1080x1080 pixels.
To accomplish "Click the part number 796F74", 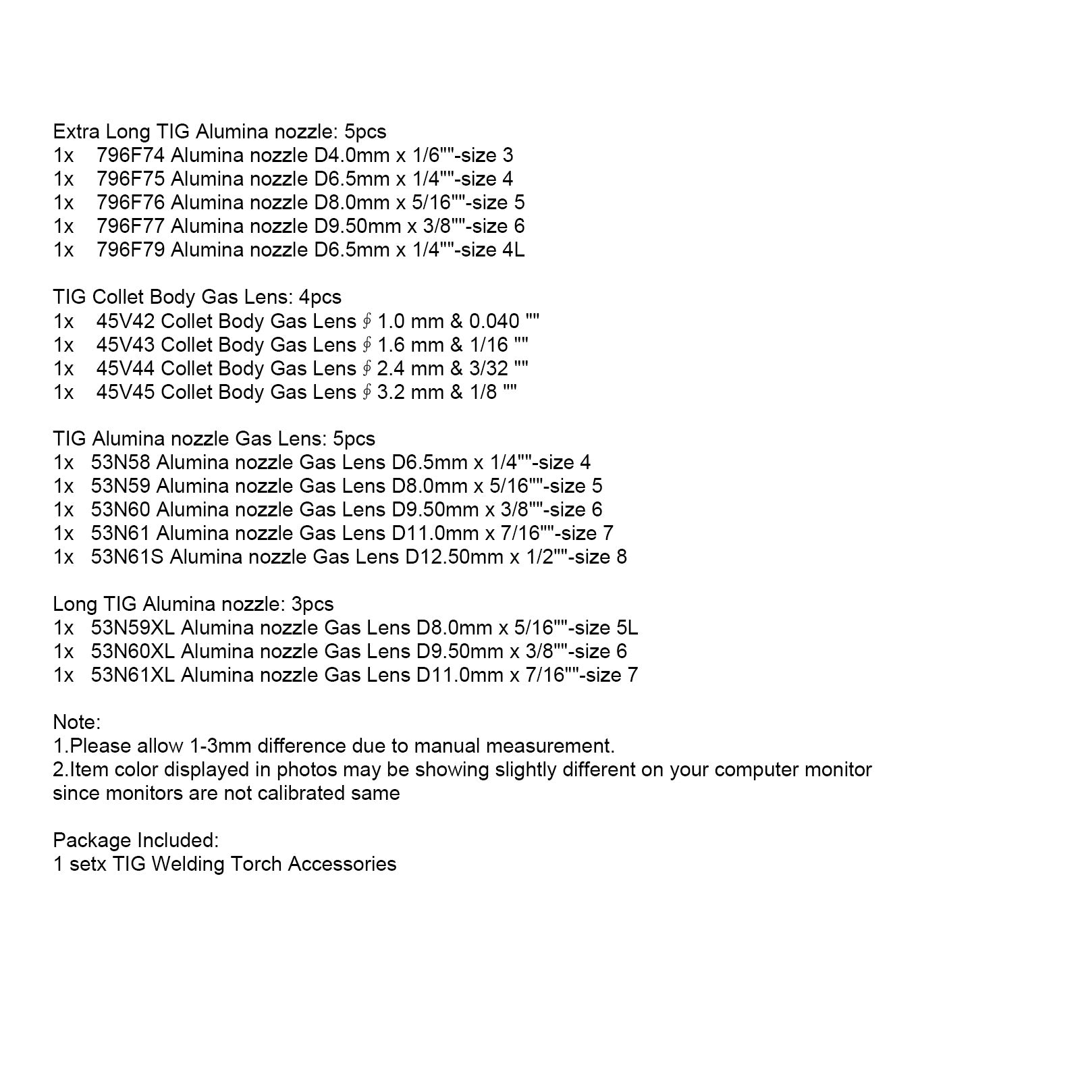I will tap(130, 156).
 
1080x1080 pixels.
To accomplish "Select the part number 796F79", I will tap(130, 250).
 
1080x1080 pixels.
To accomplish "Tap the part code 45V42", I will tap(126, 321).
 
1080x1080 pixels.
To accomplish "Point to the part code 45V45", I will tap(126, 392).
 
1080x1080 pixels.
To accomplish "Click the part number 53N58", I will tap(121, 463).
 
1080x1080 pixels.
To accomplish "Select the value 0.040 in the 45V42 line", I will tap(494, 321).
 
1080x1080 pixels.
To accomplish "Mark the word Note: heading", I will tap(76, 723).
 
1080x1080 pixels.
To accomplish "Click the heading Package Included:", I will tap(136, 841).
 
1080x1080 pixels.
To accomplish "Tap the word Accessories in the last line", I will tap(342, 865).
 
